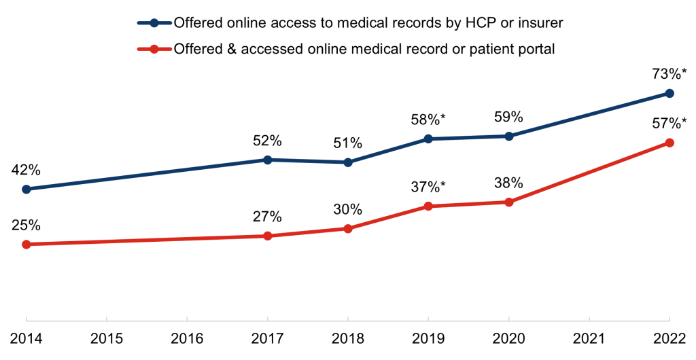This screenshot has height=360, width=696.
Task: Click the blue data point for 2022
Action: (669, 93)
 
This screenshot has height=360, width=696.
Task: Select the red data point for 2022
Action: (669, 143)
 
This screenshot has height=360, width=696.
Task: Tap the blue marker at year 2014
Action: (27, 189)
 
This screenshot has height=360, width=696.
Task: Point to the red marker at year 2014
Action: (27, 244)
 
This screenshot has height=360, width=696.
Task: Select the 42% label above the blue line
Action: (27, 169)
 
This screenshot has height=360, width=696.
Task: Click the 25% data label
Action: (27, 224)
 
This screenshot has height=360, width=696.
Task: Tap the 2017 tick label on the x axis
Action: (267, 338)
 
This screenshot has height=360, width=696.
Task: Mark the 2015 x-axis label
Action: (107, 338)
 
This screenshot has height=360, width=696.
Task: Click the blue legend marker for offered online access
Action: (154, 23)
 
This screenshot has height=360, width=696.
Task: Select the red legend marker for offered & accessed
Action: (154, 49)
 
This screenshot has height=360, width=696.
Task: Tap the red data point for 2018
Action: (348, 228)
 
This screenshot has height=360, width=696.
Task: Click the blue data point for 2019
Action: (428, 139)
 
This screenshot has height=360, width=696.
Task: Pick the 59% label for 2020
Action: (508, 116)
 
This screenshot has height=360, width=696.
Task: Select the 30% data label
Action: (348, 209)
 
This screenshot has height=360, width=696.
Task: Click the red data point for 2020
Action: (508, 202)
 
